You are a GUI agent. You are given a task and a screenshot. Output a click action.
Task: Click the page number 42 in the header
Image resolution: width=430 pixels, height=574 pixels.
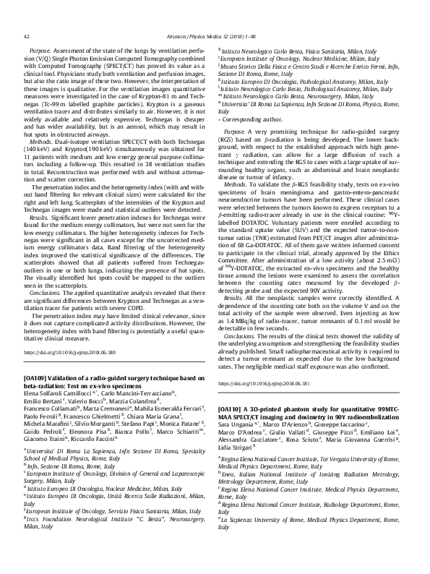(x=27, y=35)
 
